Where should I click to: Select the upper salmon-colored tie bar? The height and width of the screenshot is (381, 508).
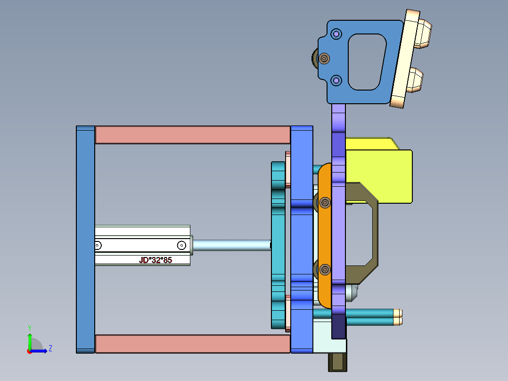tap(192, 135)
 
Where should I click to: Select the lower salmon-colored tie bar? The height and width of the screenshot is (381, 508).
tap(192, 344)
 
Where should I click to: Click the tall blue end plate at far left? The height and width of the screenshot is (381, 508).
tap(85, 240)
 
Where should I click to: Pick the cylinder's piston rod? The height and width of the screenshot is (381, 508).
tap(230, 245)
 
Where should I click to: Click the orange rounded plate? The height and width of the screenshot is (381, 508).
tap(324, 236)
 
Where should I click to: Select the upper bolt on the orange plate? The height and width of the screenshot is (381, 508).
tap(325, 202)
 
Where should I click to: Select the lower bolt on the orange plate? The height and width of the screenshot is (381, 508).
tap(325, 270)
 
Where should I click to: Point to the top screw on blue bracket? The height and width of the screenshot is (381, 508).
tap(336, 34)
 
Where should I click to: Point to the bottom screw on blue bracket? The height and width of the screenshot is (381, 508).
tap(336, 81)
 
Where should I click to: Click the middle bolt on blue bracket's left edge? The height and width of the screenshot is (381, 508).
tap(324, 58)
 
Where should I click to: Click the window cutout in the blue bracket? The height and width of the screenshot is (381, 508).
tap(365, 61)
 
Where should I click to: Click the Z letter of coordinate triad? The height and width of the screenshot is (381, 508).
tap(50, 348)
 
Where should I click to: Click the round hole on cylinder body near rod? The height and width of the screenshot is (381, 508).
tap(181, 245)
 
